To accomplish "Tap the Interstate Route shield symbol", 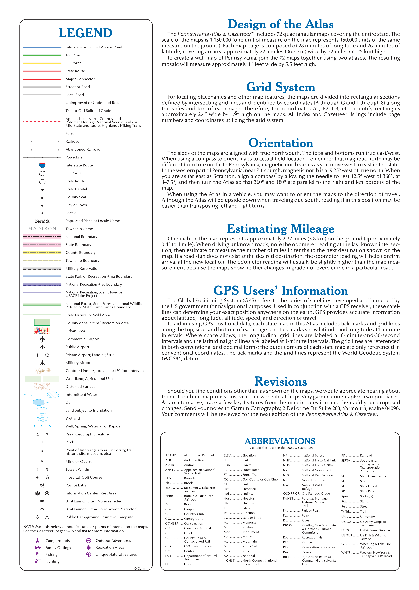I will point(42,165).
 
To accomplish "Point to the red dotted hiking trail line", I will point(42,122).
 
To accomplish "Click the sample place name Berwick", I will point(42,221).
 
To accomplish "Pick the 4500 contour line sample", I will point(42,371).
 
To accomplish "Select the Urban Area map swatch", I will point(42,331).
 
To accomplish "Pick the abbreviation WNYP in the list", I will point(346,552).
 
